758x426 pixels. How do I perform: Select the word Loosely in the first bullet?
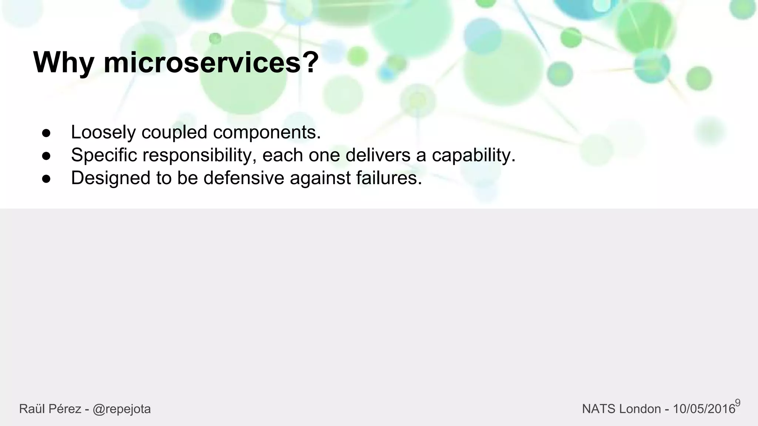click(103, 132)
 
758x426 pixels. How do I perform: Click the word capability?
click(474, 155)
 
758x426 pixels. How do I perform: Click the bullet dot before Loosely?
click(46, 133)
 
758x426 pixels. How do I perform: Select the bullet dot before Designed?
click(46, 179)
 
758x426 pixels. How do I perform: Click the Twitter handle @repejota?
click(122, 409)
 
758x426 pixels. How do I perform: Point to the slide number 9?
click(738, 403)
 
